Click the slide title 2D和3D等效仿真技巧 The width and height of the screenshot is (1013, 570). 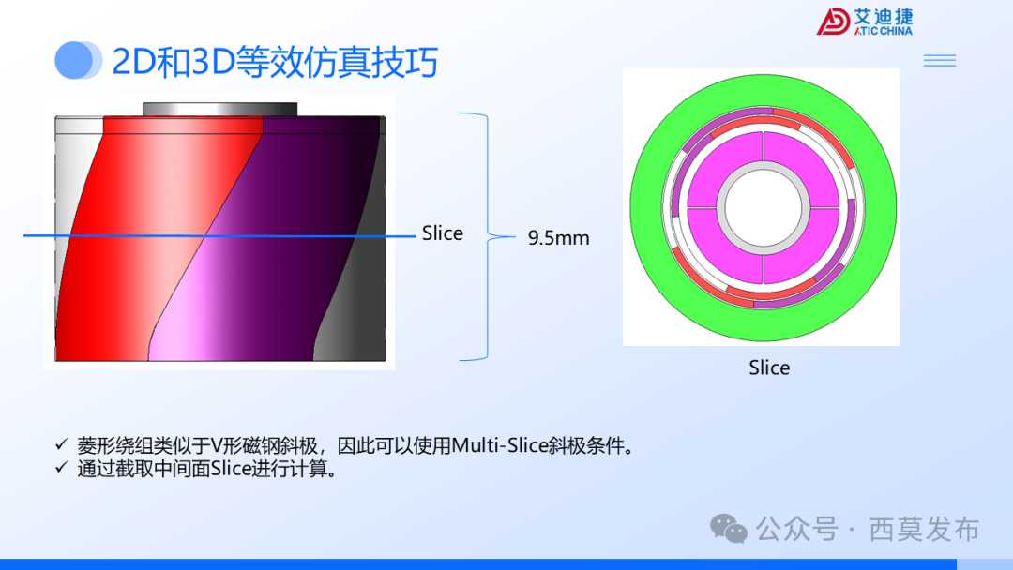(x=275, y=62)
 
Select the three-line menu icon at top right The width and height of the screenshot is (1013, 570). (x=939, y=61)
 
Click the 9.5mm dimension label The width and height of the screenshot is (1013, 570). (x=558, y=238)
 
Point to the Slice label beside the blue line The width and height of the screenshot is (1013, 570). (x=442, y=233)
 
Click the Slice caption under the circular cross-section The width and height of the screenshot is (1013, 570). (x=769, y=368)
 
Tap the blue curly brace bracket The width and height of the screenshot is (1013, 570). (x=488, y=236)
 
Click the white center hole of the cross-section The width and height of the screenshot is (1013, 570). (x=763, y=207)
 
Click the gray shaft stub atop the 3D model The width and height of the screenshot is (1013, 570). (x=219, y=109)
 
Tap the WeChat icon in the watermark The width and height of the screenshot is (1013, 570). (x=729, y=529)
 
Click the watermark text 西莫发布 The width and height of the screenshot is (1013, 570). (x=925, y=530)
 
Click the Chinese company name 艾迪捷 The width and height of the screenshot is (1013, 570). (x=884, y=17)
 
